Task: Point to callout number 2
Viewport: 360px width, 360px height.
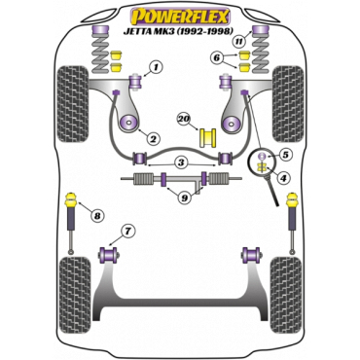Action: [x=152, y=139]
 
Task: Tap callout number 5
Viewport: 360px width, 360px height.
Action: [x=285, y=155]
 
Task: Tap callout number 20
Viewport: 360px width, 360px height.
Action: [x=184, y=119]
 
